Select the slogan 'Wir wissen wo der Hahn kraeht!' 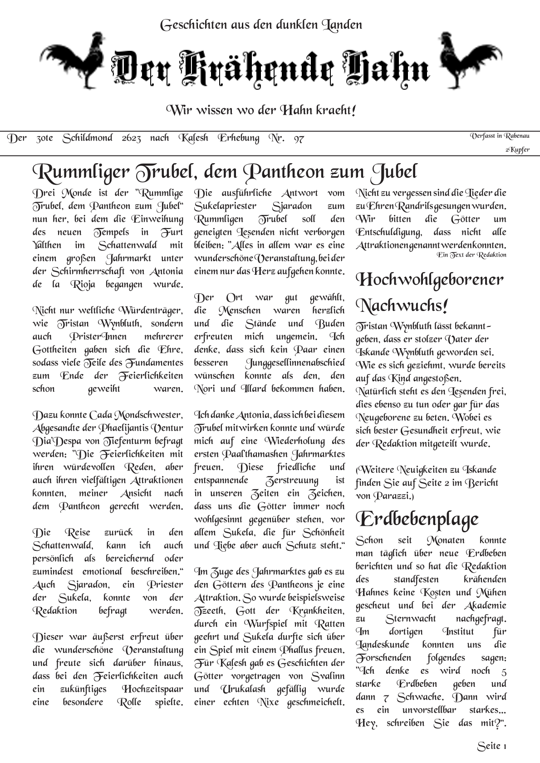click(x=261, y=110)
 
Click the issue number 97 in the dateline click(x=298, y=139)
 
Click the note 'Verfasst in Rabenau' click(x=500, y=136)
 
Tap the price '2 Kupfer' click(x=517, y=150)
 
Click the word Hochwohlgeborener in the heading click(x=430, y=280)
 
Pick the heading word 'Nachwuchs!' click(x=402, y=306)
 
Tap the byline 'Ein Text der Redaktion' click(x=471, y=255)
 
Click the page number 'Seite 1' click(x=491, y=746)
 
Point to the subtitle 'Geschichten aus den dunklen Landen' click(x=261, y=25)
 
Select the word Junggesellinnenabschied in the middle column click(x=295, y=363)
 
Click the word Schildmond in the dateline click(x=87, y=138)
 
